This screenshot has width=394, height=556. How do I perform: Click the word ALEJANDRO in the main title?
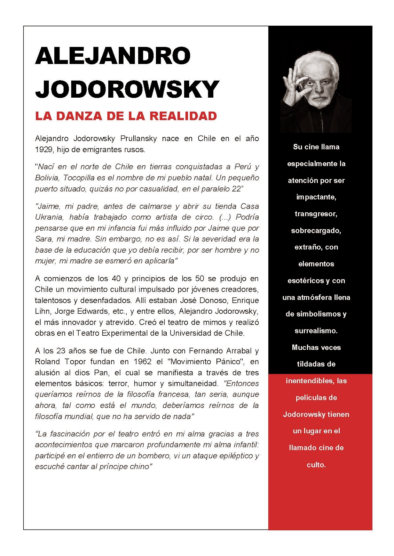coord(113,56)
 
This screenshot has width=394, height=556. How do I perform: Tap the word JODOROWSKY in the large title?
coord(127,89)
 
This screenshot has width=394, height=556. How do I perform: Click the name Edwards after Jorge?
coord(91,311)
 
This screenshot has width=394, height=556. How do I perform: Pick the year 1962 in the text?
coord(143,362)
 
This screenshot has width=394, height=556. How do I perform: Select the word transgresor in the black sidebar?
coord(316,214)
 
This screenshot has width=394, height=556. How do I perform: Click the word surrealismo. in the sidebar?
coord(316,331)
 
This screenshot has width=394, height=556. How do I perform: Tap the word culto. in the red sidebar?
coord(316,465)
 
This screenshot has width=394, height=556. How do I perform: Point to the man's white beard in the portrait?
coord(317,101)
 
